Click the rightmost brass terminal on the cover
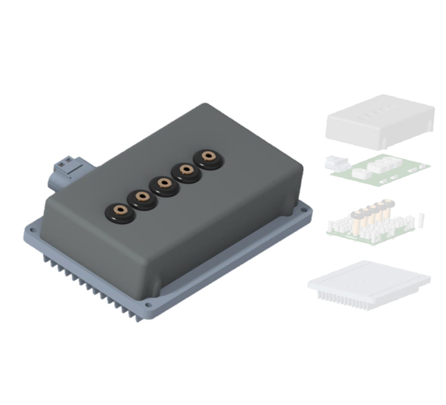click(x=208, y=158)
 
